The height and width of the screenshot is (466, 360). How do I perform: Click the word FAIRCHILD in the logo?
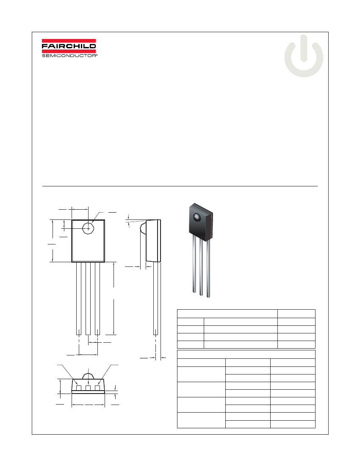pyautogui.click(x=69, y=46)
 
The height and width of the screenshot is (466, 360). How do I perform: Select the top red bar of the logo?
pyautogui.click(x=69, y=41)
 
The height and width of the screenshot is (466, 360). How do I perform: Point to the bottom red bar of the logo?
pyautogui.click(x=69, y=51)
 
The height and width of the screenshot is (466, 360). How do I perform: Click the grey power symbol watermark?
pyautogui.click(x=304, y=56)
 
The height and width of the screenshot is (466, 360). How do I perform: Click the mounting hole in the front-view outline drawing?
pyautogui.click(x=88, y=228)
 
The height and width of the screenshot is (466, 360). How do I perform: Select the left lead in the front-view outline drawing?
pyautogui.click(x=79, y=299)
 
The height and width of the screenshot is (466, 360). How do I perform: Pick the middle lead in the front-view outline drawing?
pyautogui.click(x=88, y=299)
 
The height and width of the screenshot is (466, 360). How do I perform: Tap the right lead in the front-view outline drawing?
pyautogui.click(x=97, y=299)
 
